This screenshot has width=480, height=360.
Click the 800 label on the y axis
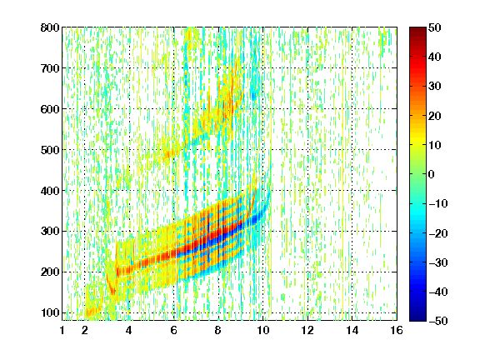[50, 27]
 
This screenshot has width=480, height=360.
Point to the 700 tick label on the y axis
[50, 68]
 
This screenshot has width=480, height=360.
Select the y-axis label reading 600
[50, 109]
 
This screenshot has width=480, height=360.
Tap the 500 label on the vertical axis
[50, 150]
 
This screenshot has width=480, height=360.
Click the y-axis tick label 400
[50, 191]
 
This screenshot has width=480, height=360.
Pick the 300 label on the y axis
[50, 232]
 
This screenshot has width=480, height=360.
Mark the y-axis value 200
[50, 272]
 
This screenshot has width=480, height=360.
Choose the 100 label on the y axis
[50, 312]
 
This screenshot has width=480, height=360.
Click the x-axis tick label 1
[62, 331]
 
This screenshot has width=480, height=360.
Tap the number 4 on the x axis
[129, 331]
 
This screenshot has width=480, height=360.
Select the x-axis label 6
[173, 331]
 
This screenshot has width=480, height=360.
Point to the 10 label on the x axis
[262, 331]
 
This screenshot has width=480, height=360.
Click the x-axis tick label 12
[307, 331]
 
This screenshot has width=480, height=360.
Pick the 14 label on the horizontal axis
[352, 331]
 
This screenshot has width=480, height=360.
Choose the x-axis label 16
[397, 331]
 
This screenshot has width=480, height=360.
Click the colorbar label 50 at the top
[434, 27]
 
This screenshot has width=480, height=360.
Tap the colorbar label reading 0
[432, 174]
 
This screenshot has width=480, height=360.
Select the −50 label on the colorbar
[438, 321]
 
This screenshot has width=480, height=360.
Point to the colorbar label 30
[434, 87]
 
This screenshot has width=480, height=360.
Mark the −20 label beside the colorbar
[438, 233]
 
